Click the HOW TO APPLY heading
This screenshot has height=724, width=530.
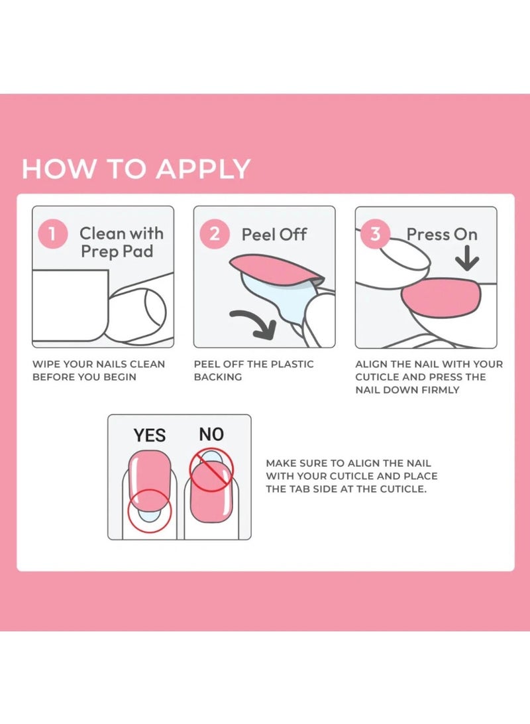click(136, 168)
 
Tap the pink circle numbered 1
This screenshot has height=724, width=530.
click(53, 233)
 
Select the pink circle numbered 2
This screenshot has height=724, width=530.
click(215, 233)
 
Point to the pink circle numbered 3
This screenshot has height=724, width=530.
click(376, 233)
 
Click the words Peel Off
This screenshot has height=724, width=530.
click(274, 234)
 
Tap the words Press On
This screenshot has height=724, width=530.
click(441, 234)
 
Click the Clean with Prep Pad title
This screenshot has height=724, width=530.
click(121, 243)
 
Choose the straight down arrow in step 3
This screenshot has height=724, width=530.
click(467, 258)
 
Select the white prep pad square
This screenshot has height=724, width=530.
click(70, 306)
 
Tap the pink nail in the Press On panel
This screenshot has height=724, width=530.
click(441, 298)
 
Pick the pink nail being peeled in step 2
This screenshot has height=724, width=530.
click(277, 269)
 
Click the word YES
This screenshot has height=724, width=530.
click(150, 436)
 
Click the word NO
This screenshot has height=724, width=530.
click(211, 434)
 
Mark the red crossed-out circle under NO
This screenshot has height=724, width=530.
click(212, 470)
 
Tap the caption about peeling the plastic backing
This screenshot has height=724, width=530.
click(254, 371)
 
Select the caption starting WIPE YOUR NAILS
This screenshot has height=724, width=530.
click(99, 371)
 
